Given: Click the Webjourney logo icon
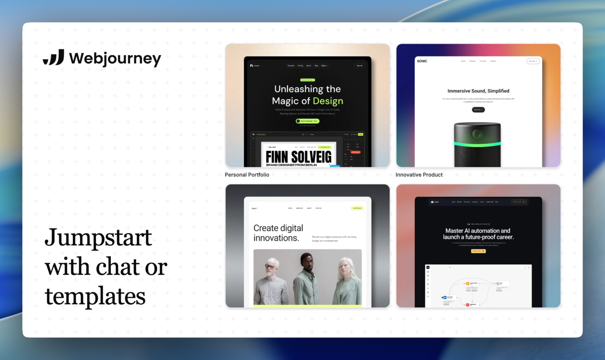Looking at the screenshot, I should [x=54, y=57].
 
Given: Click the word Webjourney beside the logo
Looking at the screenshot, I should [x=115, y=58].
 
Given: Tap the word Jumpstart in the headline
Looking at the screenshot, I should [x=98, y=238].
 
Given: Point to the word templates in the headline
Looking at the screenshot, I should [x=95, y=296].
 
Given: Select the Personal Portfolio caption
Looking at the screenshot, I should [x=247, y=175].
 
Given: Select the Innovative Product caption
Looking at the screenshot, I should [x=419, y=175].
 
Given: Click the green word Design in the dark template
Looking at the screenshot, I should [x=328, y=101].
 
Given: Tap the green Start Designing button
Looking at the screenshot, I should [x=308, y=121].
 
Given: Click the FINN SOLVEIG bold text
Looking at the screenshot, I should [x=298, y=157].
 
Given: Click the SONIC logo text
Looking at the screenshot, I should [x=422, y=61].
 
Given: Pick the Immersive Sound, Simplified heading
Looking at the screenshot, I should [x=478, y=91].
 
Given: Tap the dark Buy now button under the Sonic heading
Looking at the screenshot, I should [x=478, y=110].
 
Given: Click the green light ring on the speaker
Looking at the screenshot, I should [x=477, y=144].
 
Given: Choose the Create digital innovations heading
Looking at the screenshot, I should [x=278, y=233].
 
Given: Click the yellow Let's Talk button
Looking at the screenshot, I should [x=357, y=208].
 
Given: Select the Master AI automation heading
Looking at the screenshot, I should [x=478, y=234].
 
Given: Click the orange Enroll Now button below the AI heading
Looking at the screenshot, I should [x=478, y=251].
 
